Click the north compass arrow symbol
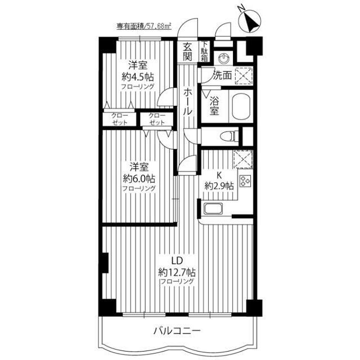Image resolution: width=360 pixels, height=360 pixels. [250, 21]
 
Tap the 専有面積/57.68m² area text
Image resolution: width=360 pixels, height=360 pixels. [145, 26]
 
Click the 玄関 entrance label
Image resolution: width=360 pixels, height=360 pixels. [187, 52]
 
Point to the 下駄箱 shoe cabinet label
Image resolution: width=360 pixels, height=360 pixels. [205, 52]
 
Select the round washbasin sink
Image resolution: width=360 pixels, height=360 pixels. [223, 58]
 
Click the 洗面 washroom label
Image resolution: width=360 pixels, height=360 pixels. [222, 75]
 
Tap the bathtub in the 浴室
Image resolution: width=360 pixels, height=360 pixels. [242, 107]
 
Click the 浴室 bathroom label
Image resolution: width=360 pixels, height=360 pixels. [214, 106]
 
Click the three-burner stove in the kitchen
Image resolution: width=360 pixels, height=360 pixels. [246, 181]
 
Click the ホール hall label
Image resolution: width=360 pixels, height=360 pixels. [187, 102]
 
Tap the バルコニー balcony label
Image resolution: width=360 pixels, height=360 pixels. [177, 331]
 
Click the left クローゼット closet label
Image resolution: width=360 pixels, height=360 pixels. [120, 119]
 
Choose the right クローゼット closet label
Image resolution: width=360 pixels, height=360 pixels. [157, 119]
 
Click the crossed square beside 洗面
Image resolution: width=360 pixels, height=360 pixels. [244, 76]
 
